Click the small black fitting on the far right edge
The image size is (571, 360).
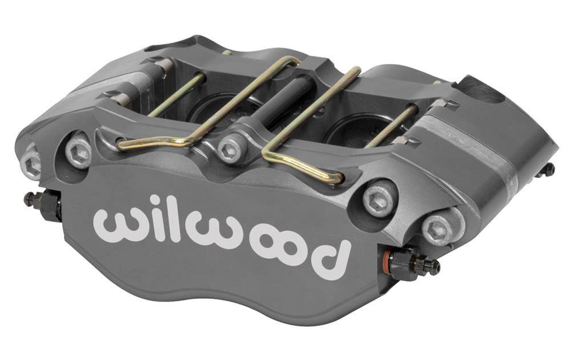tap(547, 170)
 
